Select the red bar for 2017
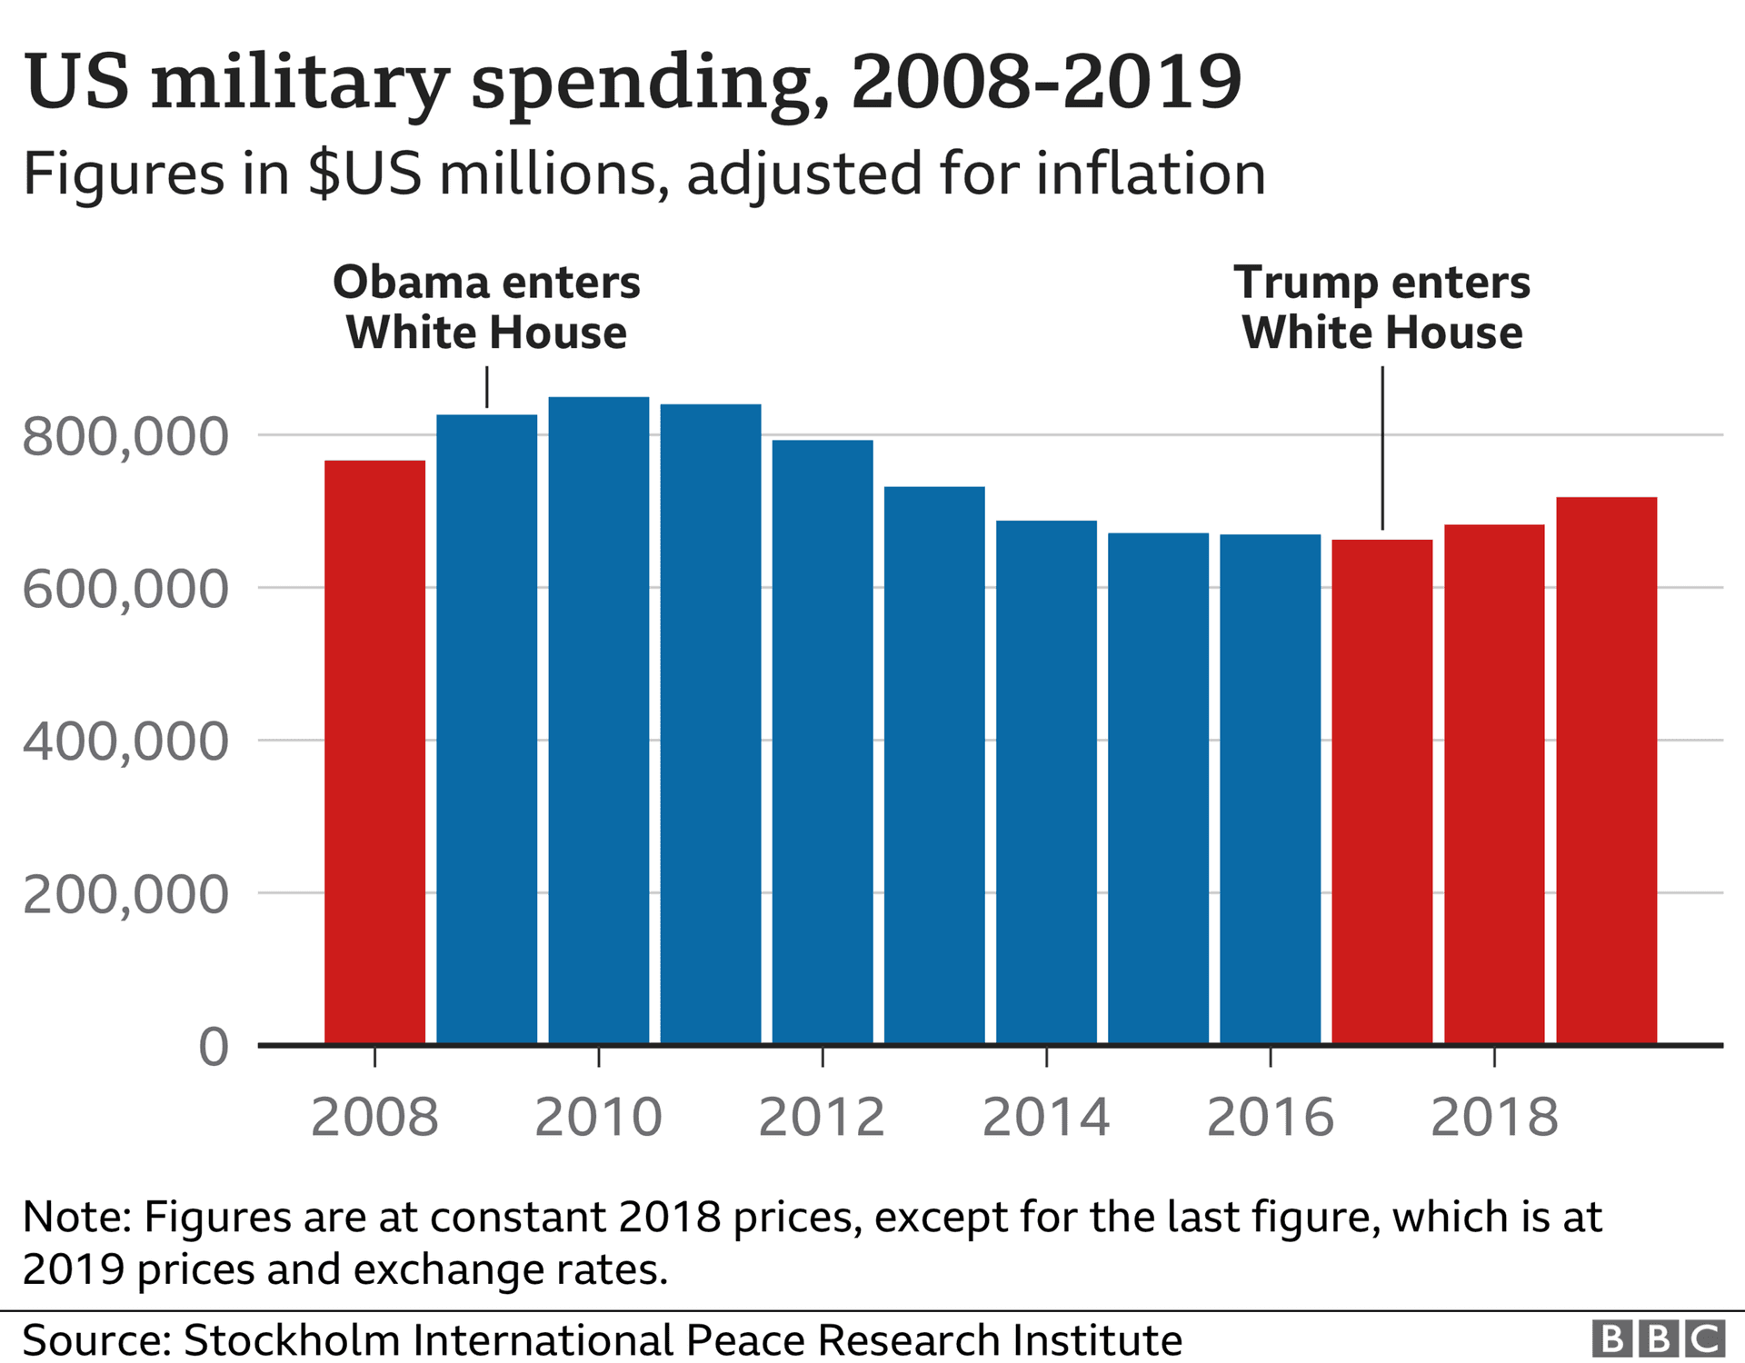[1381, 791]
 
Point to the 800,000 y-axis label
[125, 437]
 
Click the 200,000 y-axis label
[125, 895]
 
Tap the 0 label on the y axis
[214, 1047]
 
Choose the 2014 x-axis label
[1045, 1117]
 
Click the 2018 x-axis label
[1494, 1117]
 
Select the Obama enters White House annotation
[486, 307]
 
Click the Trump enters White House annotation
[1381, 307]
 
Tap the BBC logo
[1659, 1338]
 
